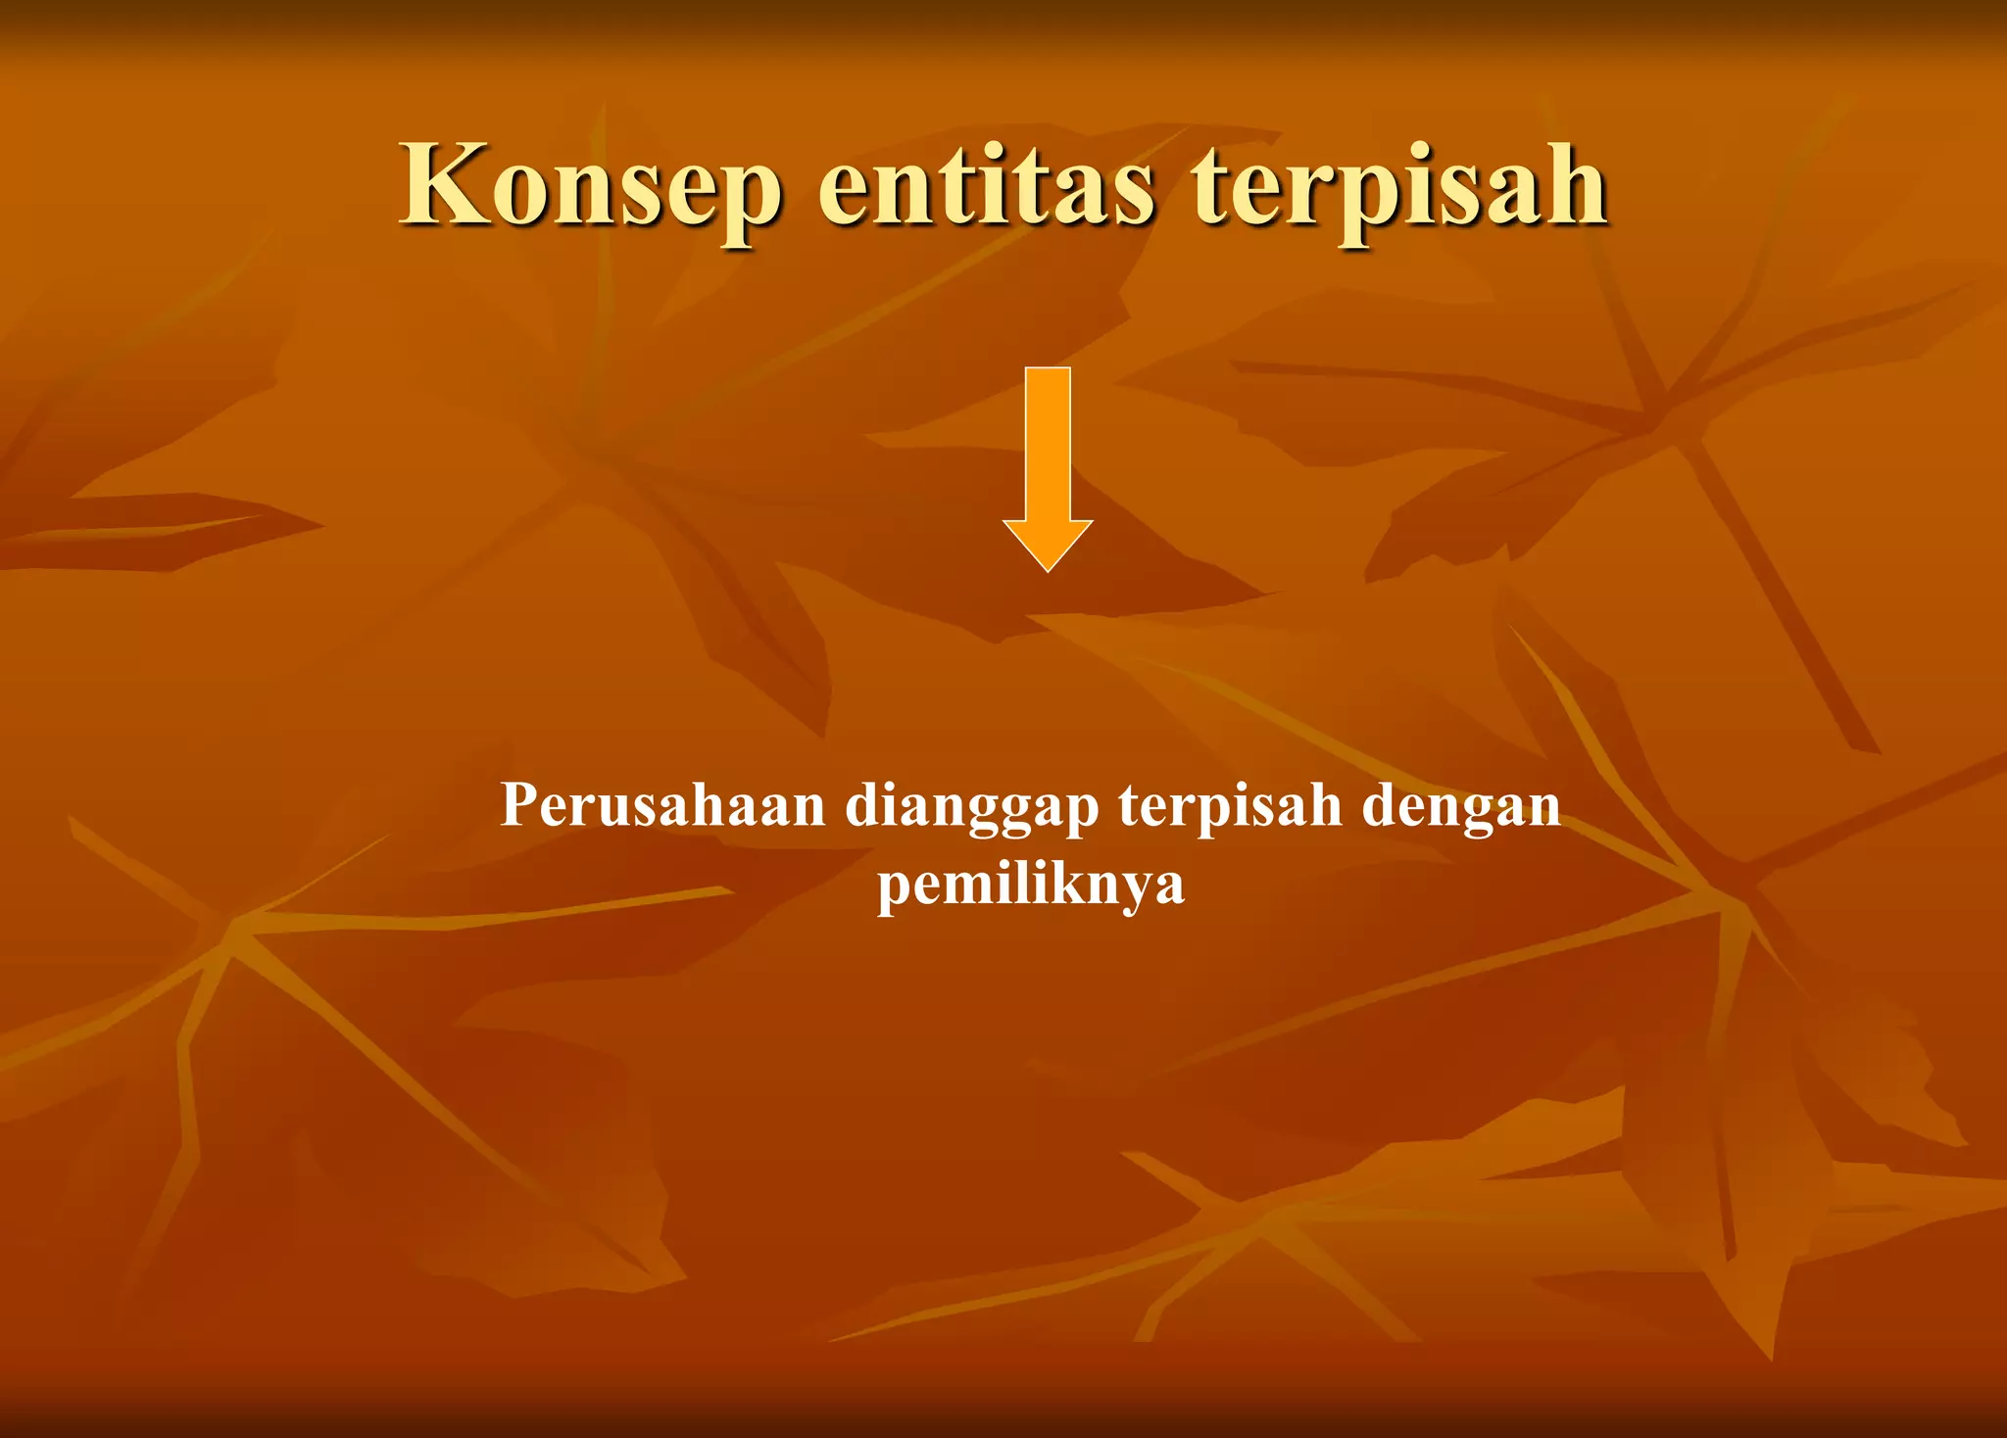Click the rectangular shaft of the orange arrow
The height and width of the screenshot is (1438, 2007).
1048,441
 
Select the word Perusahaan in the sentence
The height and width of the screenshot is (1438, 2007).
662,805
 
